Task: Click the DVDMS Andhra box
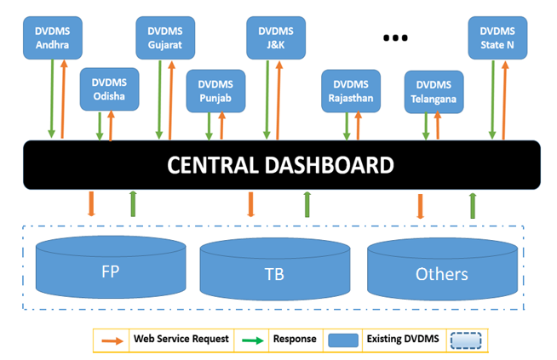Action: click(x=53, y=38)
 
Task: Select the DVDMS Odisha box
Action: click(x=109, y=89)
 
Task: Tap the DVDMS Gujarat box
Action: click(x=164, y=38)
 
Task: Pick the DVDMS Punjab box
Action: click(x=215, y=90)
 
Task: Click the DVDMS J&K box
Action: click(x=275, y=38)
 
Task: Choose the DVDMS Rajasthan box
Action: click(x=350, y=91)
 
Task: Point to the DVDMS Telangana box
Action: click(x=434, y=92)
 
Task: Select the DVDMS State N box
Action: click(x=497, y=38)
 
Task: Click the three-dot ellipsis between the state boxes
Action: click(x=395, y=37)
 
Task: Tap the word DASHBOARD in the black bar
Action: click(x=336, y=165)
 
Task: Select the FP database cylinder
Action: click(x=110, y=271)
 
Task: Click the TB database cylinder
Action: click(x=273, y=272)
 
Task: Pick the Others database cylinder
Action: click(x=441, y=271)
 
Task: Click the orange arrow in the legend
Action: click(x=111, y=340)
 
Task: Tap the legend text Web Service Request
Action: click(x=181, y=339)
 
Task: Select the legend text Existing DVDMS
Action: click(x=400, y=340)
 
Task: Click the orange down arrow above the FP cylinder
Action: click(x=91, y=204)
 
